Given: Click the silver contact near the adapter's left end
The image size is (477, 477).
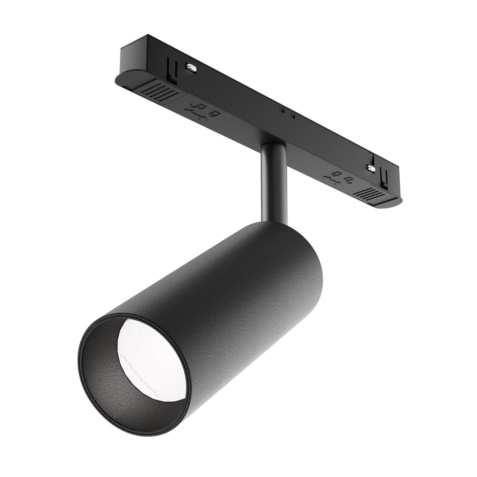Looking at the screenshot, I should coord(192,68).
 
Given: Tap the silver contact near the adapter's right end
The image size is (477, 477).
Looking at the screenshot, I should coord(370,168).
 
